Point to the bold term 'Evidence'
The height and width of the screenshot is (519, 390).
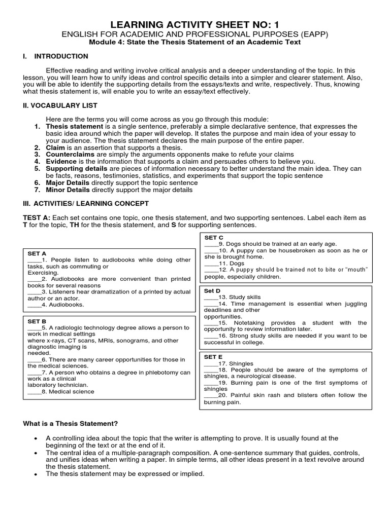pyautogui.click(x=61, y=161)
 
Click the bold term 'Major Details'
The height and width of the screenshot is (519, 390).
pyautogui.click(x=68, y=182)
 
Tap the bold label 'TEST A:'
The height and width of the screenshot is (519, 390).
pyautogui.click(x=37, y=217)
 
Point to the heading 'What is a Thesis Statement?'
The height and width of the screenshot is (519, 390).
pyautogui.click(x=71, y=423)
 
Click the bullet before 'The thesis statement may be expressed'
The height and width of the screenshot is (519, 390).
pyautogui.click(x=35, y=474)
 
